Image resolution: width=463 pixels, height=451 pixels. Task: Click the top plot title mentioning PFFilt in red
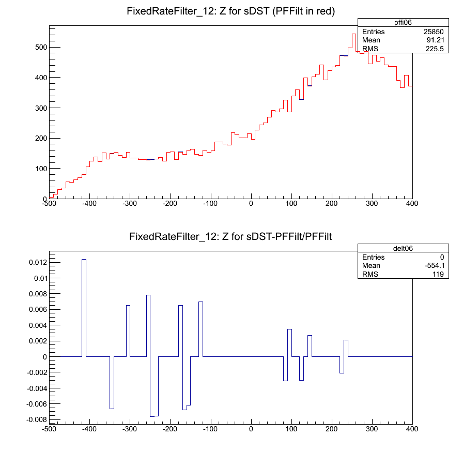tap(231, 11)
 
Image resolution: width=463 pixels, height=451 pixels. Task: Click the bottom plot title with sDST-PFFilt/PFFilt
tap(231, 237)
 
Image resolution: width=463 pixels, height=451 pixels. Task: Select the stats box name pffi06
tap(384, 22)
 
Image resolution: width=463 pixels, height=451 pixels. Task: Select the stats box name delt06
tap(384, 248)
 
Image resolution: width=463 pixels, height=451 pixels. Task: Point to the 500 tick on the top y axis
tap(40, 47)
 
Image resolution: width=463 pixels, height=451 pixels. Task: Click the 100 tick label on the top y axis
tap(40, 169)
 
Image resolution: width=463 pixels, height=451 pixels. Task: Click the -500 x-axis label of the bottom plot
tap(49, 429)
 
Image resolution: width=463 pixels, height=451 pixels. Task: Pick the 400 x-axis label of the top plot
tap(412, 203)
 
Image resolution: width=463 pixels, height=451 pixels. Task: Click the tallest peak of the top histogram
tap(354, 35)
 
